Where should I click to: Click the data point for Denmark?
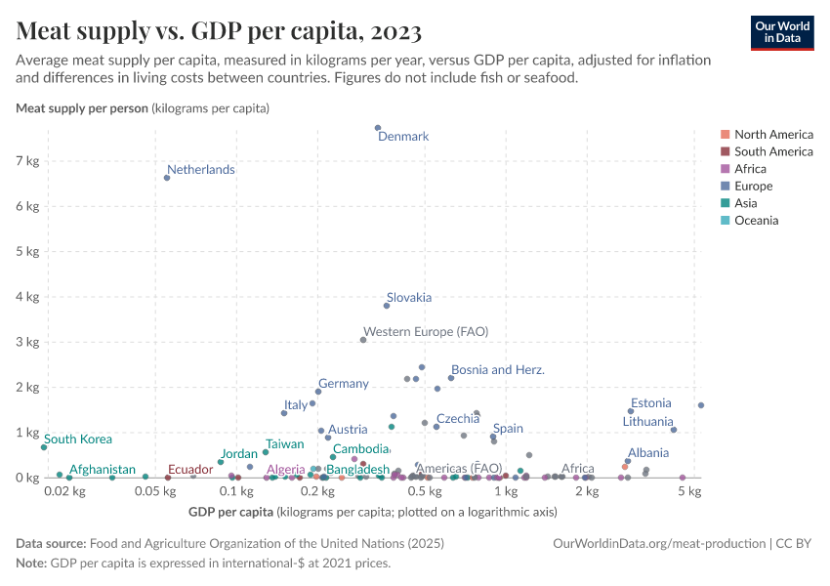click(x=378, y=128)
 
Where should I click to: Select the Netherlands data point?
click(x=167, y=178)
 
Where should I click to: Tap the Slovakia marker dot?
click(x=387, y=306)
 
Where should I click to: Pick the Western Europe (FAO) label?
click(x=426, y=332)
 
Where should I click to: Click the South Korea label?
click(x=78, y=439)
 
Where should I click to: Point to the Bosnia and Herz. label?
click(x=498, y=370)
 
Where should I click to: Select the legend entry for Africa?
click(x=751, y=169)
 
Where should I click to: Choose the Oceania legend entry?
click(x=756, y=221)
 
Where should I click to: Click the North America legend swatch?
click(x=725, y=135)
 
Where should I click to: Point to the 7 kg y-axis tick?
click(x=26, y=160)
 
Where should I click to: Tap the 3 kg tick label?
click(x=26, y=342)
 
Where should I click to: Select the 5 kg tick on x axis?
click(x=689, y=492)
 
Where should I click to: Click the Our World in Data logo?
click(x=782, y=32)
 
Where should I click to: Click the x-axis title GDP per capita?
click(x=229, y=512)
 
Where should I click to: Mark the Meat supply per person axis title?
click(x=83, y=107)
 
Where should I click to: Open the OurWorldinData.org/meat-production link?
click(x=659, y=543)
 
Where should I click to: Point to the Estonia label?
click(x=650, y=403)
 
